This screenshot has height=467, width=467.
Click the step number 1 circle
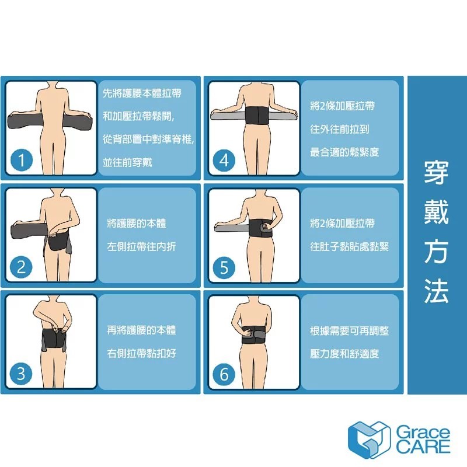click(x=21, y=161)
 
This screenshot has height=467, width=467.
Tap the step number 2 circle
click(x=21, y=267)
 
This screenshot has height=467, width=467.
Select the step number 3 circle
click(x=21, y=374)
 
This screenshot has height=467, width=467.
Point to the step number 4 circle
click(x=224, y=161)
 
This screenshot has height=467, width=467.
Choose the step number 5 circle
click(x=224, y=267)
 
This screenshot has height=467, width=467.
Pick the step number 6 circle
click(x=224, y=374)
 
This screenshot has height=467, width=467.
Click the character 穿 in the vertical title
click(x=436, y=172)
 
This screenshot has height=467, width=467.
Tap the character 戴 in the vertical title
click(x=436, y=212)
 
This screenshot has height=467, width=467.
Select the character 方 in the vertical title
click(x=436, y=252)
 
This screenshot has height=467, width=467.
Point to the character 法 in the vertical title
click(x=436, y=291)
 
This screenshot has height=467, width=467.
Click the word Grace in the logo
click(x=423, y=432)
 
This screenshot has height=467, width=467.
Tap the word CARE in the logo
click(x=423, y=447)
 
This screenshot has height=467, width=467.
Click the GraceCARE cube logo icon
click(x=369, y=440)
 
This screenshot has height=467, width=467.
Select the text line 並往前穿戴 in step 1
click(x=127, y=162)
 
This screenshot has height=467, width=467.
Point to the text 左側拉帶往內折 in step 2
click(x=141, y=246)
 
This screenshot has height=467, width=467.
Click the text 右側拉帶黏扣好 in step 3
click(x=141, y=354)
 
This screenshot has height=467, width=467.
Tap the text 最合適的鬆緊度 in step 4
click(x=344, y=152)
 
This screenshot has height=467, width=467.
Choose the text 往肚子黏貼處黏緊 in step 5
click(x=349, y=246)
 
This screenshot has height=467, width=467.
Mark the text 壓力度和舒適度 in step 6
click(x=344, y=354)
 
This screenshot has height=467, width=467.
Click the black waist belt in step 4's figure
click(x=256, y=116)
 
